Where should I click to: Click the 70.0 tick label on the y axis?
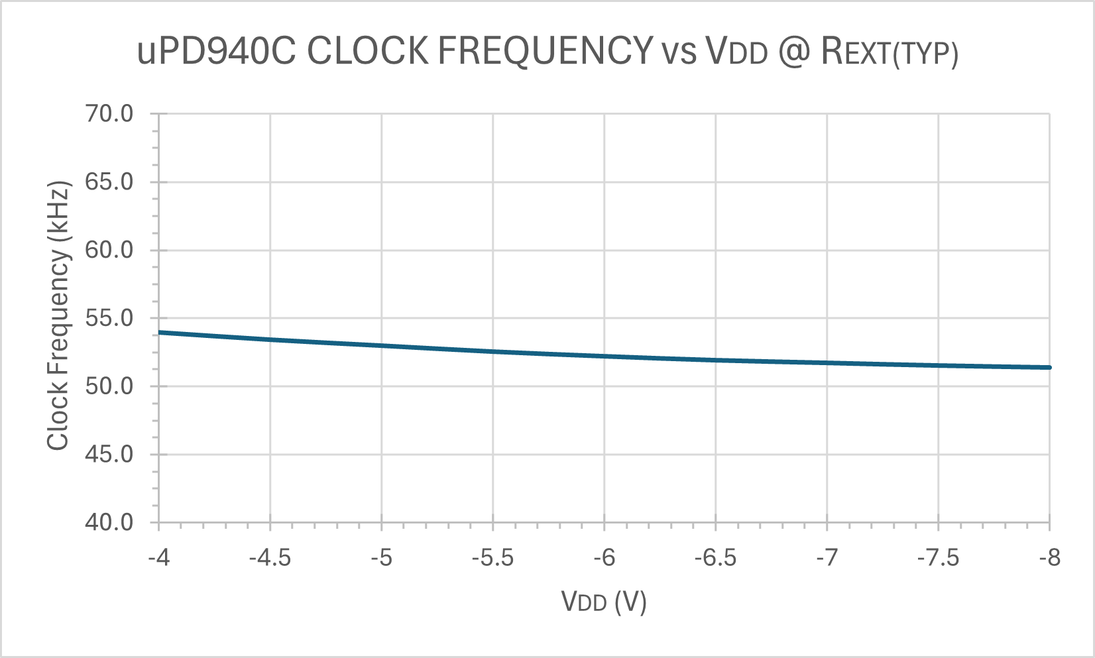click(x=109, y=114)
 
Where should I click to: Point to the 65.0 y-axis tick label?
click(x=109, y=182)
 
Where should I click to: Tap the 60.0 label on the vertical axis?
click(x=109, y=250)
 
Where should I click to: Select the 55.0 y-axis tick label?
click(x=109, y=318)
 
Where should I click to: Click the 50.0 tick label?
click(x=109, y=386)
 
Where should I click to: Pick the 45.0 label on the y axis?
click(x=109, y=455)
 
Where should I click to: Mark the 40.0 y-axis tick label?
click(x=109, y=523)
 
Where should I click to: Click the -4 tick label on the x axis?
click(x=159, y=558)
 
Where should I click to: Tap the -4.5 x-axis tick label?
click(x=270, y=558)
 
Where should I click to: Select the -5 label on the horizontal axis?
click(x=382, y=558)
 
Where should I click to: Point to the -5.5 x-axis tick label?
click(x=492, y=558)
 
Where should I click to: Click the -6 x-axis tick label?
click(x=605, y=558)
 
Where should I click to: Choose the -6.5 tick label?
click(x=715, y=558)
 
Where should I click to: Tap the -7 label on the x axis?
click(x=827, y=558)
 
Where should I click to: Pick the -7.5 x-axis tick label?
click(x=938, y=558)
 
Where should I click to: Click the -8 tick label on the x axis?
click(x=1050, y=558)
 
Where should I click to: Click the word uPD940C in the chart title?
click(x=217, y=52)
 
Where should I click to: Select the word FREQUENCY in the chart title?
click(x=546, y=52)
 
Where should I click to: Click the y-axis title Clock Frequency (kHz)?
click(x=58, y=315)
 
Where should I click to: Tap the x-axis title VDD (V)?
click(x=604, y=601)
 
